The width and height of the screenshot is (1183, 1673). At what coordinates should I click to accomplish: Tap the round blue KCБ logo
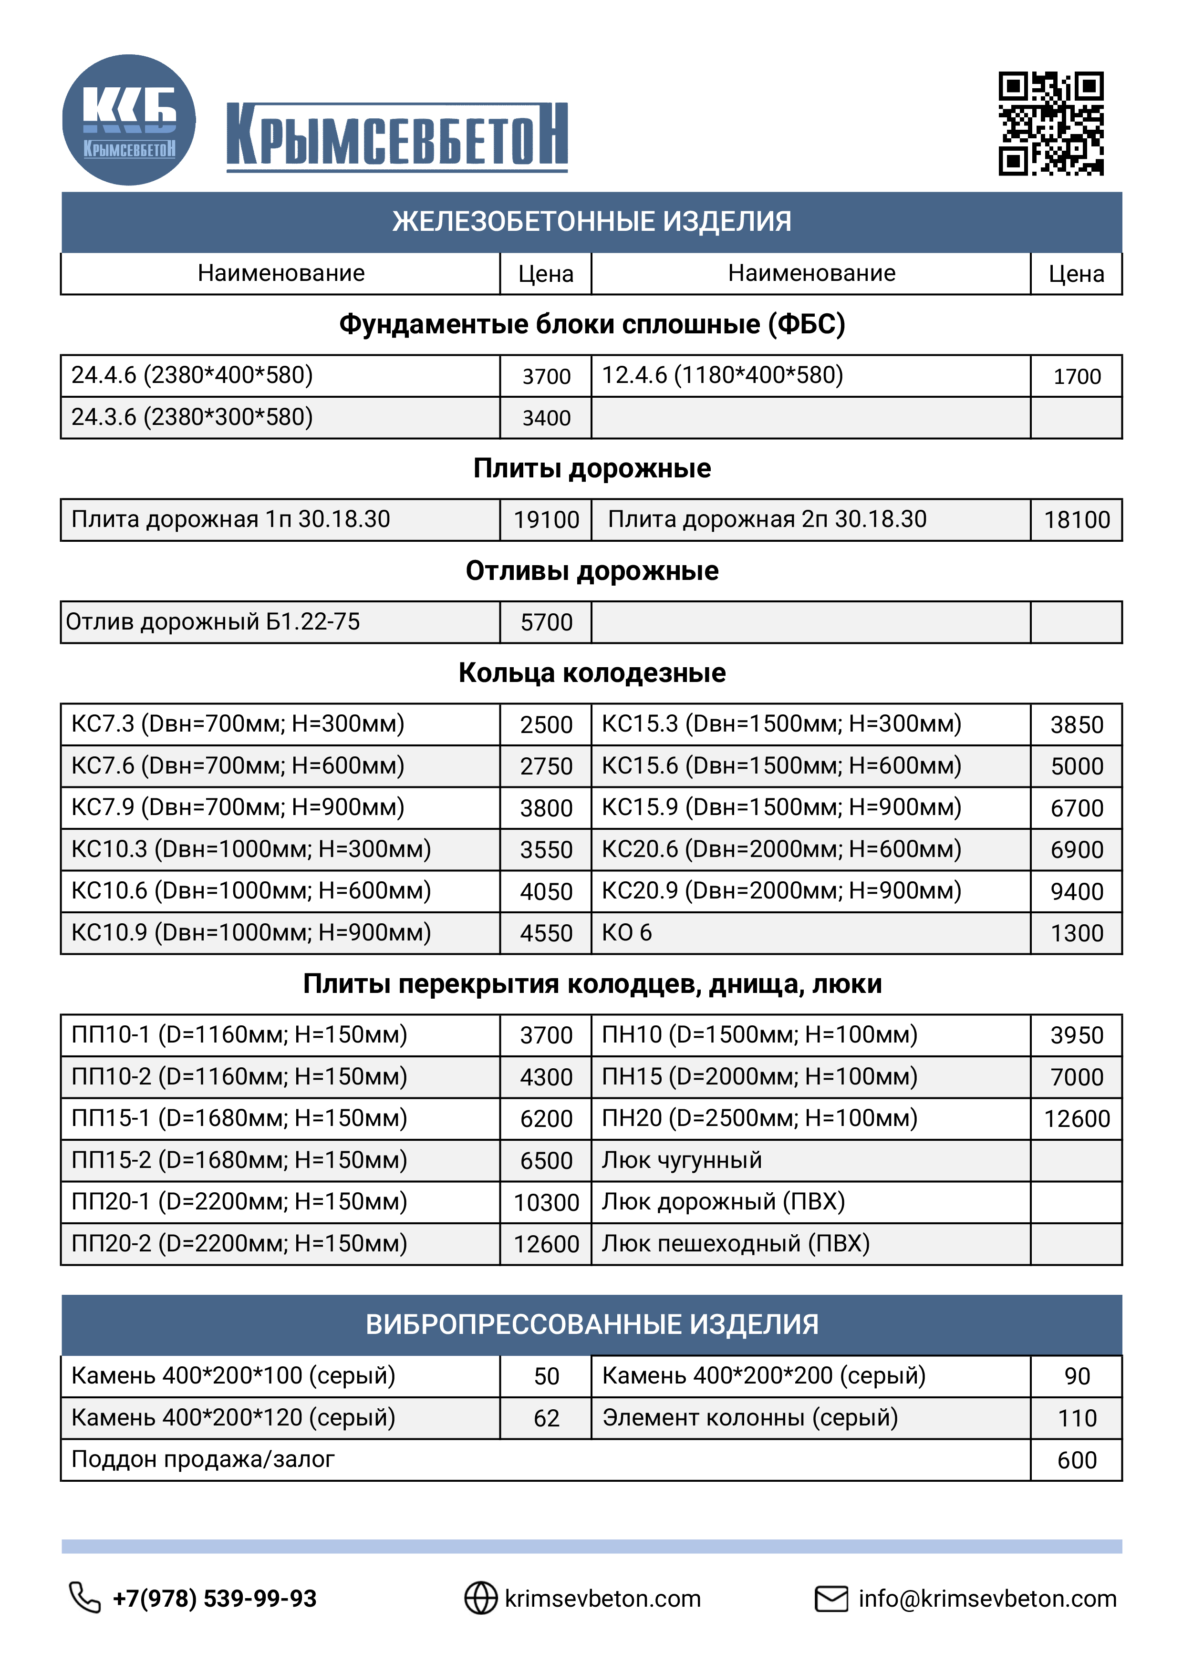point(129,120)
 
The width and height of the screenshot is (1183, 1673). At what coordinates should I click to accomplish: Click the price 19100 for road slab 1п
point(546,519)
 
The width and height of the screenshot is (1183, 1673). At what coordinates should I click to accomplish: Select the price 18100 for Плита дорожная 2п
point(1077,519)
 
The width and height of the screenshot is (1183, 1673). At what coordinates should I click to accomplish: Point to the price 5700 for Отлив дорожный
point(546,622)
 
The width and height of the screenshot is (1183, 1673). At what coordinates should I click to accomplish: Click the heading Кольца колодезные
point(592,672)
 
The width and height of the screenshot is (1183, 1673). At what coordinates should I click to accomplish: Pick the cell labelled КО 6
point(627,933)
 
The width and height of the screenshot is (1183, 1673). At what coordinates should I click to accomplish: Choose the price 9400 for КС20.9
point(1077,891)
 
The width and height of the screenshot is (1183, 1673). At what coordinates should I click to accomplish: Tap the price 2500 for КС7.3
point(546,724)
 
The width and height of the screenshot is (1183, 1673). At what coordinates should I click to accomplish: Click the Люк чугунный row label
point(682,1160)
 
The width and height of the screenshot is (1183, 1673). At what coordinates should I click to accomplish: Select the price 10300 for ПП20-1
point(546,1202)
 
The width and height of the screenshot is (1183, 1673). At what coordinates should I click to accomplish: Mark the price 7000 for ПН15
point(1077,1077)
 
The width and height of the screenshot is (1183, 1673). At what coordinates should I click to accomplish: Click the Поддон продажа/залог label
point(203,1459)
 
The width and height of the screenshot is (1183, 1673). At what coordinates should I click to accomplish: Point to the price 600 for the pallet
point(1077,1460)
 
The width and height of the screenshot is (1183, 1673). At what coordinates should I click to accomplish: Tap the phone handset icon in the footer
point(84,1598)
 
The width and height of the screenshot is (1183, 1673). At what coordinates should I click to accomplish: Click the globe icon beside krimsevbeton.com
point(481,1598)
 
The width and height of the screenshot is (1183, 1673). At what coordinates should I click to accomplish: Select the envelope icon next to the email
point(831,1599)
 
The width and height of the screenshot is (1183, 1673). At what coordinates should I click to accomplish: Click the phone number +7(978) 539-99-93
point(214,1599)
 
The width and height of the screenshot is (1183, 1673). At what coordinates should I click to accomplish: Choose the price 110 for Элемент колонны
point(1077,1418)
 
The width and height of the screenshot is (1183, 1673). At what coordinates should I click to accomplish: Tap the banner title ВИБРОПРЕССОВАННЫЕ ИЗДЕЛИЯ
point(592,1325)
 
